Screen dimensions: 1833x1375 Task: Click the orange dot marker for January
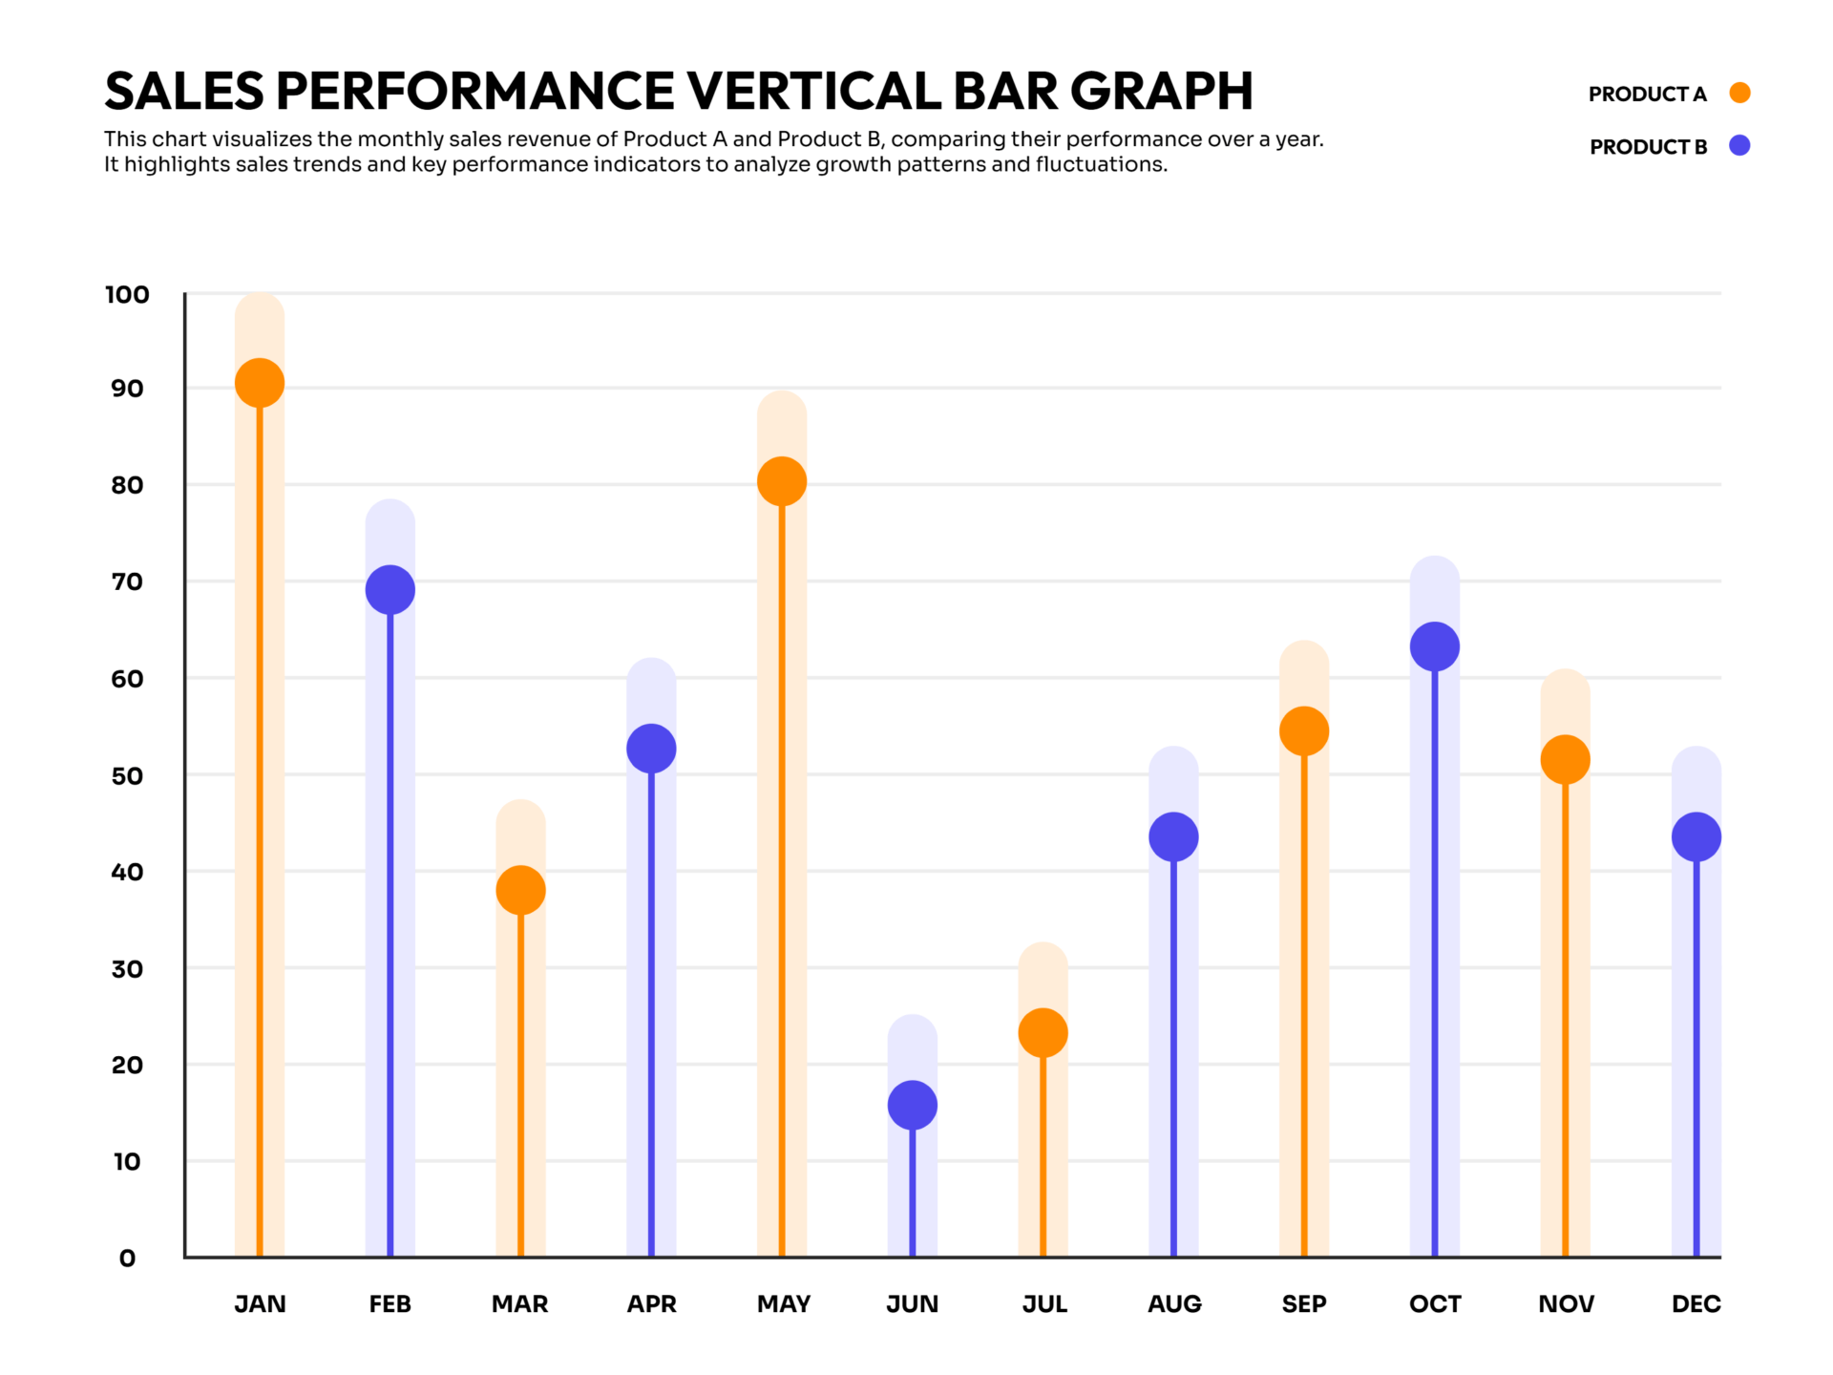[260, 383]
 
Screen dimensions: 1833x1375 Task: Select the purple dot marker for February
[390, 590]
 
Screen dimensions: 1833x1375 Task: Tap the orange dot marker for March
[520, 890]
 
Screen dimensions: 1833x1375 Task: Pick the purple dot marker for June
[913, 1105]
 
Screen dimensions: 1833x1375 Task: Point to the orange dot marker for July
[1043, 1032]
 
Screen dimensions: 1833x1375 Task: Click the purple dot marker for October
[1435, 646]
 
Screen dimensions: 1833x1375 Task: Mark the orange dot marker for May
[782, 481]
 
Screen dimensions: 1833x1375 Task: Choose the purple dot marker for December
[1696, 836]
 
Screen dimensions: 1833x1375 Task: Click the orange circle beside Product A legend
[1740, 93]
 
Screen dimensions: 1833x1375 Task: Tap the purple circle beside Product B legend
[1740, 145]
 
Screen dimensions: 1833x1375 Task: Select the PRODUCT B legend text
[1648, 147]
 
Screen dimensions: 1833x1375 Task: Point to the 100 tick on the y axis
[127, 295]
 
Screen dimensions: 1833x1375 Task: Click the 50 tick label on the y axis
[127, 776]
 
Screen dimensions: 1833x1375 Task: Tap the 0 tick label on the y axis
[127, 1259]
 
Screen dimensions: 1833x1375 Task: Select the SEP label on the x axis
[1304, 1304]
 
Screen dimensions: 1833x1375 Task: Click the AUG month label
[1174, 1304]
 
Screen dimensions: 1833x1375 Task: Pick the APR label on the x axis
[651, 1304]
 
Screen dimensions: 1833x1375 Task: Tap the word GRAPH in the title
[1161, 91]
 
